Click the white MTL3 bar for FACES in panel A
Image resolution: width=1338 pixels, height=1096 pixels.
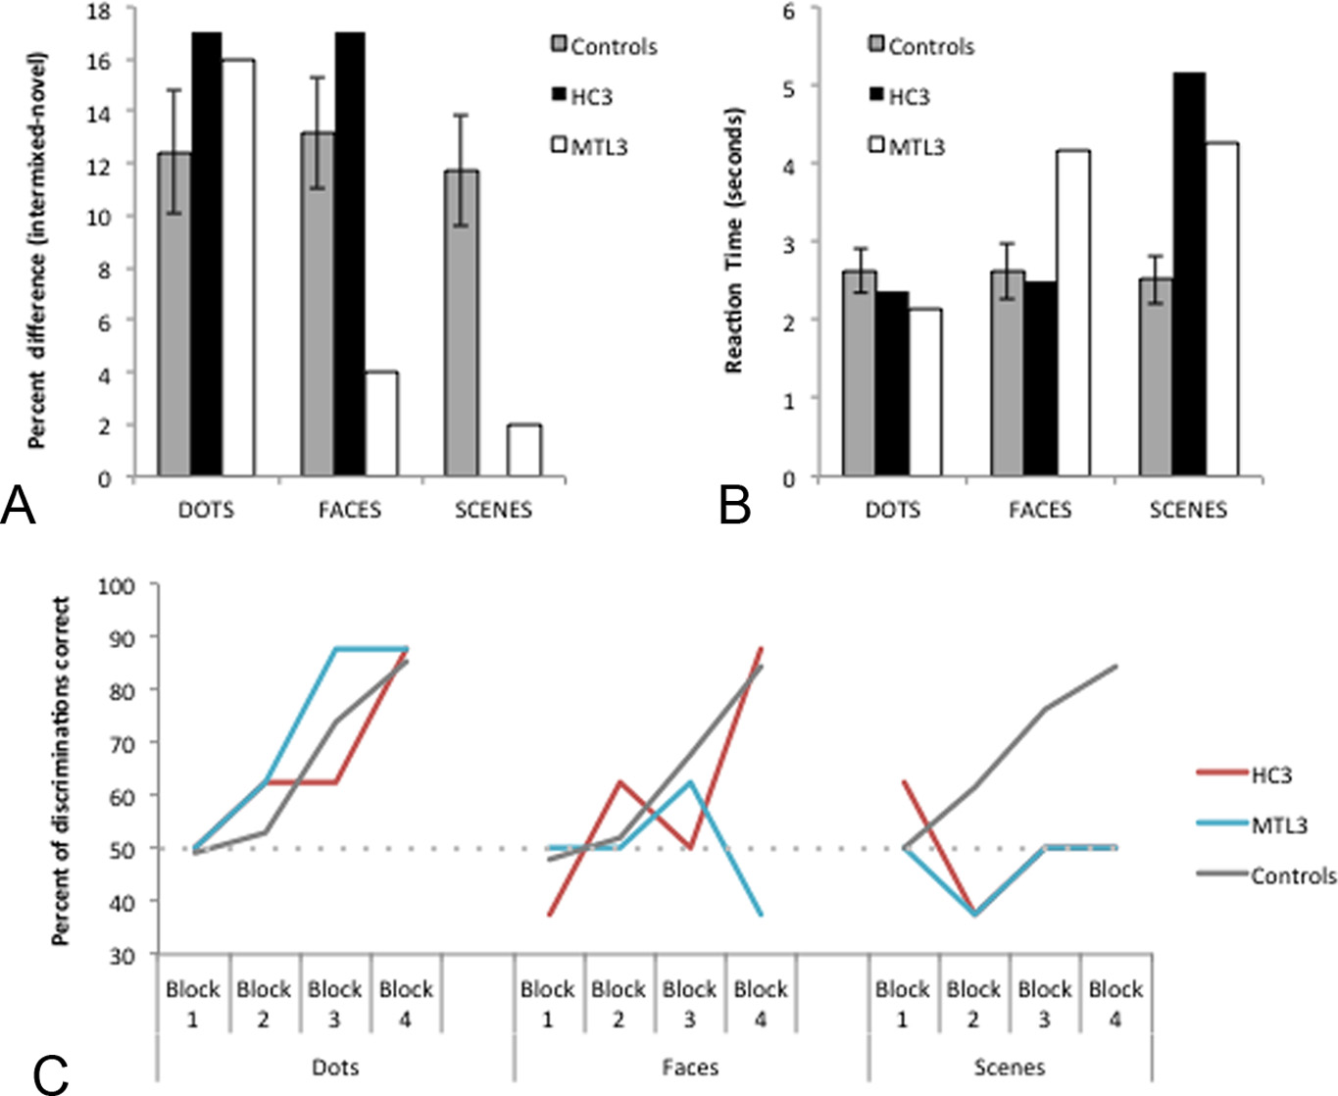coord(381,424)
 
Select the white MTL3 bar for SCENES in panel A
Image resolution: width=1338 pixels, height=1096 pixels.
coord(524,451)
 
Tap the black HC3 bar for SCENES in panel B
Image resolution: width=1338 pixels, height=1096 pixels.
coord(1189,275)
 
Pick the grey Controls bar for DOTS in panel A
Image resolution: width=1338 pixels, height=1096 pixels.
coord(174,315)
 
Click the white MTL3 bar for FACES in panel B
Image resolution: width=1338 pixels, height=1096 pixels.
coord(1073,314)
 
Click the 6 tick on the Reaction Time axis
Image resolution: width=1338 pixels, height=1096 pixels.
coord(787,10)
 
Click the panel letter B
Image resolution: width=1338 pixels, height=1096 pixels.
coord(735,506)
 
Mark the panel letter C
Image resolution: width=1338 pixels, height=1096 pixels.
coord(51,1074)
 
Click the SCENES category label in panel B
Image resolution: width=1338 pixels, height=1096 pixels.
coord(1188,510)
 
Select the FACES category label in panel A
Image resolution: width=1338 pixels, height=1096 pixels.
coord(350,510)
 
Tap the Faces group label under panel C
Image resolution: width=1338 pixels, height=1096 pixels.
coord(690,1067)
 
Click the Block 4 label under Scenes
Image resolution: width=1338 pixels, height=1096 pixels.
coord(1115,1004)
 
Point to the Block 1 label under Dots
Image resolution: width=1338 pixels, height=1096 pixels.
coord(193,1004)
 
